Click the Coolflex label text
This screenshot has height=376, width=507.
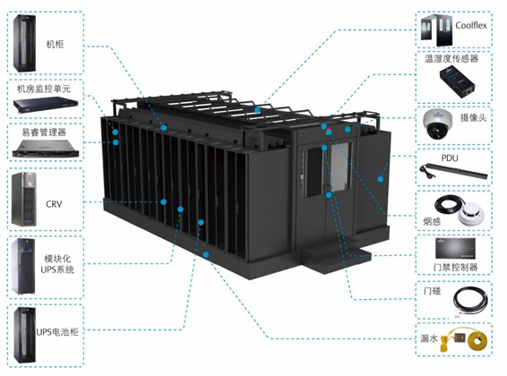tap(471, 25)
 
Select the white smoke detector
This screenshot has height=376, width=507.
tap(471, 214)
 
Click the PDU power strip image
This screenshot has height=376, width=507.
tap(453, 171)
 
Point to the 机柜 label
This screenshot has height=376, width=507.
tap(55, 44)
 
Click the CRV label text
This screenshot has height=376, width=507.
tap(54, 204)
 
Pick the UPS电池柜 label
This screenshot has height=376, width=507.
tap(57, 332)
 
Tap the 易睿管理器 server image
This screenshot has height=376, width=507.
tap(46, 149)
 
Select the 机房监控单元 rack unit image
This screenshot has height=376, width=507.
tap(46, 105)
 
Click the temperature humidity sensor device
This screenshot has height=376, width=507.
tap(457, 81)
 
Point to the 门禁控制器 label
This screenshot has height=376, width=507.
tap(455, 267)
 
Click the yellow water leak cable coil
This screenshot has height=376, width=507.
tap(477, 341)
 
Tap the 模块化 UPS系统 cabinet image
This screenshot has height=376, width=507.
tap(22, 267)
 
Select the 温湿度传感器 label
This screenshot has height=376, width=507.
tap(451, 58)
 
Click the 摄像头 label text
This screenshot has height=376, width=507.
tap(473, 117)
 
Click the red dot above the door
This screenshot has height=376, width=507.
tap(329, 129)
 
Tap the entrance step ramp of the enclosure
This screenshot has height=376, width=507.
tap(336, 257)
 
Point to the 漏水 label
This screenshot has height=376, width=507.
tap(429, 338)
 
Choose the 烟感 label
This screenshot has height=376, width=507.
tap(432, 221)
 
